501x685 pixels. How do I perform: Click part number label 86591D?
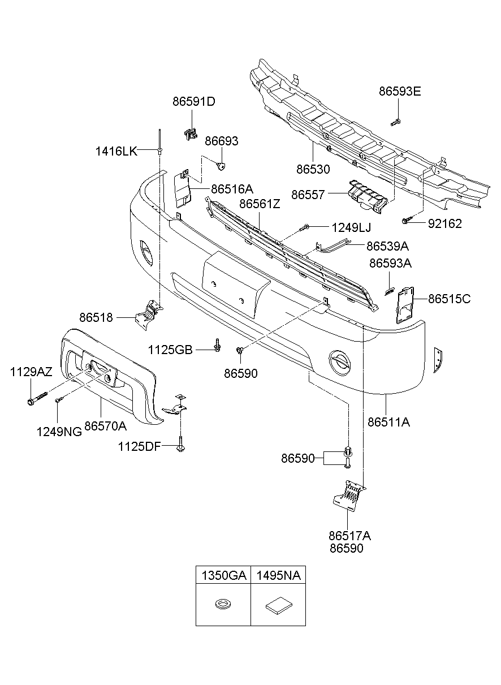point(194,102)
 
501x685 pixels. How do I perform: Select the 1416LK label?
point(116,151)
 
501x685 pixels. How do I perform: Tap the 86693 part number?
point(221,141)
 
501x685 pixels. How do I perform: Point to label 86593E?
point(400,91)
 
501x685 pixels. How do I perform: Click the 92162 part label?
point(444,223)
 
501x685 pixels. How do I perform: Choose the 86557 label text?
point(308,195)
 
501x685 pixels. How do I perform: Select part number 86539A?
point(387,246)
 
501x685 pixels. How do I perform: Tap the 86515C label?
point(449,299)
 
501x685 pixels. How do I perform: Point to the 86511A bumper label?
point(388,421)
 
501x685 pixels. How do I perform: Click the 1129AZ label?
point(31,372)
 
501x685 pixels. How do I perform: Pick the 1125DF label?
point(140,447)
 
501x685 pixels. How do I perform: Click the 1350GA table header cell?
point(223,576)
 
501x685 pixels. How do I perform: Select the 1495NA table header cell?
point(278,576)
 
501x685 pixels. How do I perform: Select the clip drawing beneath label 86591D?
point(189,133)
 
